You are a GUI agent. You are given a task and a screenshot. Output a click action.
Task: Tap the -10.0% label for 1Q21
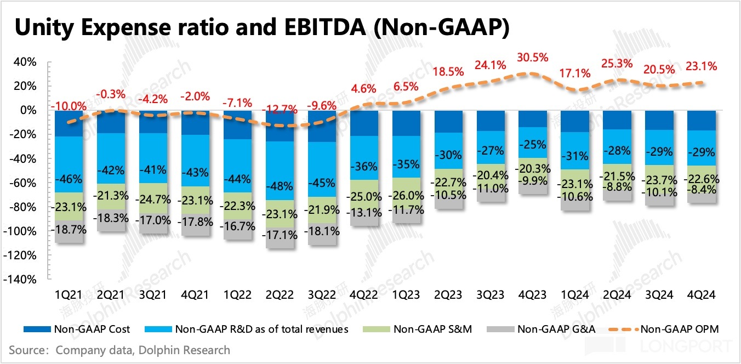69,106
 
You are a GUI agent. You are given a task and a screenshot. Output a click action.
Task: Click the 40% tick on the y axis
25,62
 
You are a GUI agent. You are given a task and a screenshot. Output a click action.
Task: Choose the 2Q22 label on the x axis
280,295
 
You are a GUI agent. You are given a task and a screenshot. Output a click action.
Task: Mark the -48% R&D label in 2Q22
280,186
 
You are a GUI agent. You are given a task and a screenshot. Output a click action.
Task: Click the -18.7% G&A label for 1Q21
69,230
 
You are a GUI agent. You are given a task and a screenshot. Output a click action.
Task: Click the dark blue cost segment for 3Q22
322,126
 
